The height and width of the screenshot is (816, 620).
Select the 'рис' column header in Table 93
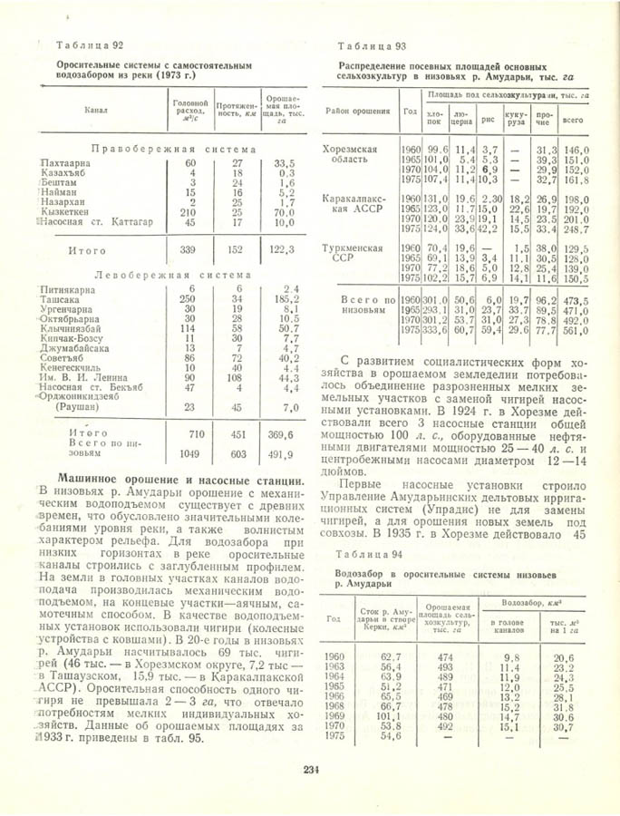click(x=487, y=119)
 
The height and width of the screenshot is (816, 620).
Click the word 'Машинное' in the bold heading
click(x=92, y=479)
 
